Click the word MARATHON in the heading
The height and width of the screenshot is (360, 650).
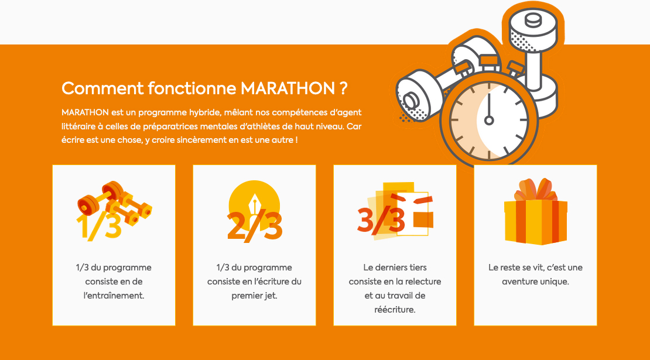(x=288, y=88)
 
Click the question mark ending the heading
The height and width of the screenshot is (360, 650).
(x=343, y=88)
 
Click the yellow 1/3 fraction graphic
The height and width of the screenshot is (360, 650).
(x=98, y=226)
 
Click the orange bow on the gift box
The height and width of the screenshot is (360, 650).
(x=536, y=190)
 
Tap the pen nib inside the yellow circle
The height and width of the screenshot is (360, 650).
(x=254, y=204)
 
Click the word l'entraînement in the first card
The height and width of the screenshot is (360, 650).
(x=114, y=296)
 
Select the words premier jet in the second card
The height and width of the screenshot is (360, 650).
(x=254, y=296)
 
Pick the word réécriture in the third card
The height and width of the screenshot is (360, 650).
(x=395, y=310)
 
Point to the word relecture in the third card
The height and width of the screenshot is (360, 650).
(x=423, y=282)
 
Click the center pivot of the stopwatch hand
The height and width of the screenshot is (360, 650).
(x=489, y=121)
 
